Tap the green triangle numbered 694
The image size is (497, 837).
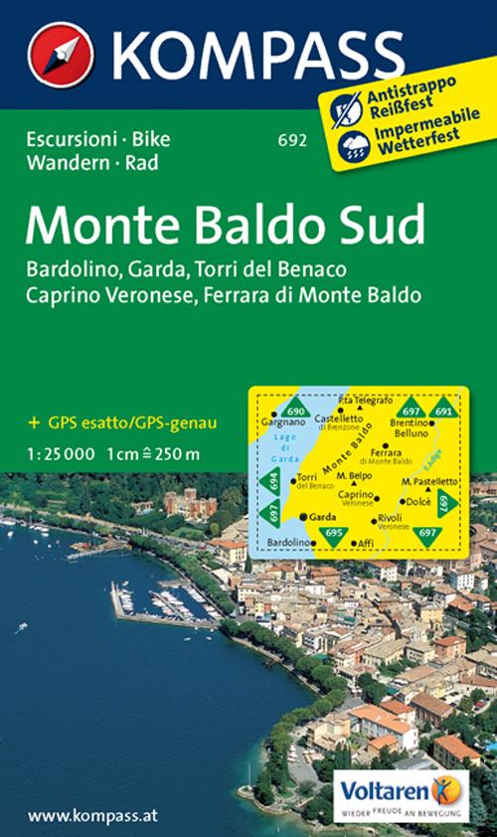click(x=273, y=481)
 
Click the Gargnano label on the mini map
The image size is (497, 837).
click(x=279, y=422)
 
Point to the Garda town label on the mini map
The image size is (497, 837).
click(x=321, y=517)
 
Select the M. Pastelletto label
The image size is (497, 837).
click(x=428, y=481)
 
